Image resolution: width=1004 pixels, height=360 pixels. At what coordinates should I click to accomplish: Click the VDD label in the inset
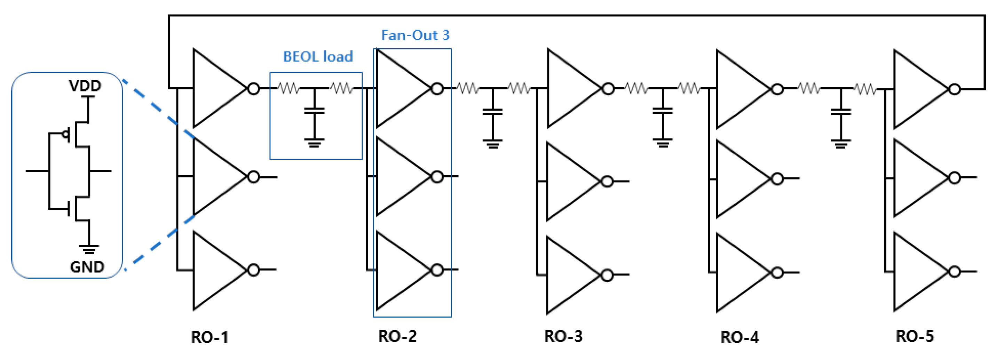pyautogui.click(x=85, y=85)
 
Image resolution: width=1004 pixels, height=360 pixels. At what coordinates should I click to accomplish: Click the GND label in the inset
pyautogui.click(x=87, y=267)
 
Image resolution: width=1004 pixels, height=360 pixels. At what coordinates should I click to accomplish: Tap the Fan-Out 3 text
pyautogui.click(x=415, y=35)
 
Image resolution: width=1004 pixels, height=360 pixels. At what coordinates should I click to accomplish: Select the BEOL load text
pyautogui.click(x=318, y=56)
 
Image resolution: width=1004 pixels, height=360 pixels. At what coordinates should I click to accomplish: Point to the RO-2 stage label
pyautogui.click(x=397, y=336)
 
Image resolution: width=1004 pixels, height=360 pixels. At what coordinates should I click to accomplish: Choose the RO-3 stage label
pyautogui.click(x=563, y=336)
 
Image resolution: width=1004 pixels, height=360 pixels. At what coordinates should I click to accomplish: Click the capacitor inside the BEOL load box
pyautogui.click(x=314, y=111)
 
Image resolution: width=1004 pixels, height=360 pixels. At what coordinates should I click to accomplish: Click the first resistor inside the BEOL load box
pyautogui.click(x=288, y=89)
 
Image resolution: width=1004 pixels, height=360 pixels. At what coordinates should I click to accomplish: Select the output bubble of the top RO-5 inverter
pyautogui.click(x=955, y=90)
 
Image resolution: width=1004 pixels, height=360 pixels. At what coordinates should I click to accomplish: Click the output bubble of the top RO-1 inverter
pyautogui.click(x=254, y=89)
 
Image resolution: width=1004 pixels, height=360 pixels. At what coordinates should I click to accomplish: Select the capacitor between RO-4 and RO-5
pyautogui.click(x=841, y=111)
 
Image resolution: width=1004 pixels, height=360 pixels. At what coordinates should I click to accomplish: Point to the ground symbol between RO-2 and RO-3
pyautogui.click(x=493, y=144)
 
